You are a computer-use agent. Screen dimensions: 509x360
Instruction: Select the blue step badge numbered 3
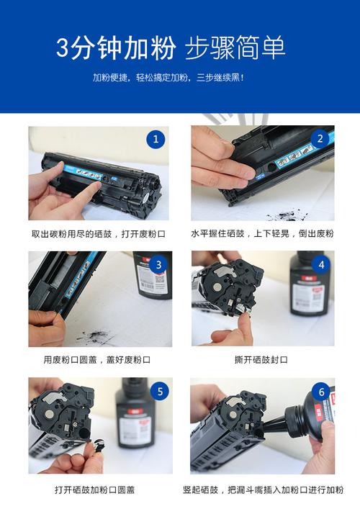(x=159, y=264)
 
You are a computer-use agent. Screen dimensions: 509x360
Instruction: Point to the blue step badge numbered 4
(x=321, y=264)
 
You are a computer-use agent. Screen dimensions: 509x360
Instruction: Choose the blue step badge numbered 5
(x=160, y=392)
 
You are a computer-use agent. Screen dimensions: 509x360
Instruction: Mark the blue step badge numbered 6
(x=322, y=392)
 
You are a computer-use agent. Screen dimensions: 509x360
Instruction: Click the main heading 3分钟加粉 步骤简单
(x=171, y=48)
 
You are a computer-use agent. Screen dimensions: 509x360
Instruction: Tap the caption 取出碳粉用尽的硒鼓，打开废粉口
(x=99, y=234)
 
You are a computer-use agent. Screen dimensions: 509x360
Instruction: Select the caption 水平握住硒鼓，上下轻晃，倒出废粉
(x=262, y=234)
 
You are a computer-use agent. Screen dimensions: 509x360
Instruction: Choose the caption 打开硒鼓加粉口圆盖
(x=94, y=490)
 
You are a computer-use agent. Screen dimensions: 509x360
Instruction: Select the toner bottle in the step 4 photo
(x=306, y=292)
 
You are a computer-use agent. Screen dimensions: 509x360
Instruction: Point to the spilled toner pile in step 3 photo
(x=94, y=335)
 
